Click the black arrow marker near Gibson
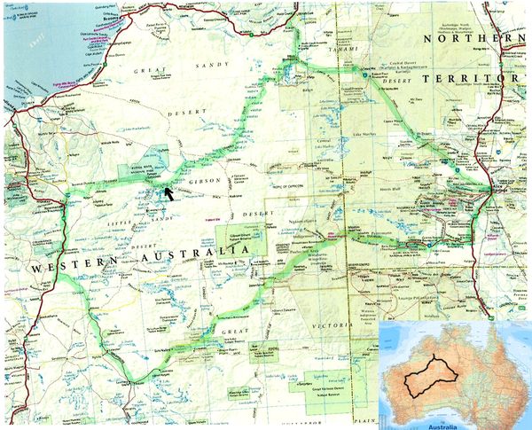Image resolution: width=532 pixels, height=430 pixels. (169, 182)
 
